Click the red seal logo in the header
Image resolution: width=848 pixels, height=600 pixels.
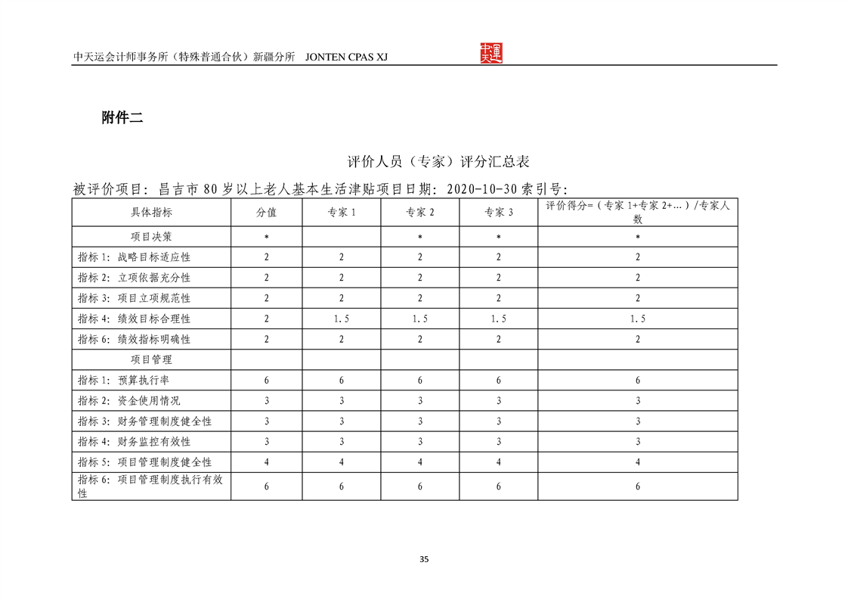491,53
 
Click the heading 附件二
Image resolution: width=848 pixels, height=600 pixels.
122,117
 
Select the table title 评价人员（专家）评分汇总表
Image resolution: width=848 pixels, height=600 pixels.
438,162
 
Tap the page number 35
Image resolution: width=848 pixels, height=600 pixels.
424,560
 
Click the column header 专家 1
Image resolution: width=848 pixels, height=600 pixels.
341,213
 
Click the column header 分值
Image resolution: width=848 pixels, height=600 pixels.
266,213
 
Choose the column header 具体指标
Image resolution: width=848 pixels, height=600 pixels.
151,213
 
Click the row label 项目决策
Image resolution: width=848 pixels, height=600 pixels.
151,237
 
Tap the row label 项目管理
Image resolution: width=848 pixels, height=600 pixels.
151,359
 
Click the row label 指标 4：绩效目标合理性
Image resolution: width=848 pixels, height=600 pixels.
134,319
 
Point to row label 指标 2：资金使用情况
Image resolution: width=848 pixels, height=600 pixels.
128,400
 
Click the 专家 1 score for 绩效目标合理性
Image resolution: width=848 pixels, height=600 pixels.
341,319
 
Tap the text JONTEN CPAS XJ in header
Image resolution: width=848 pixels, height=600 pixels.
345,58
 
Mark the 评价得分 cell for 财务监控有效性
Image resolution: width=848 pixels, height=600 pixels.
637,441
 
